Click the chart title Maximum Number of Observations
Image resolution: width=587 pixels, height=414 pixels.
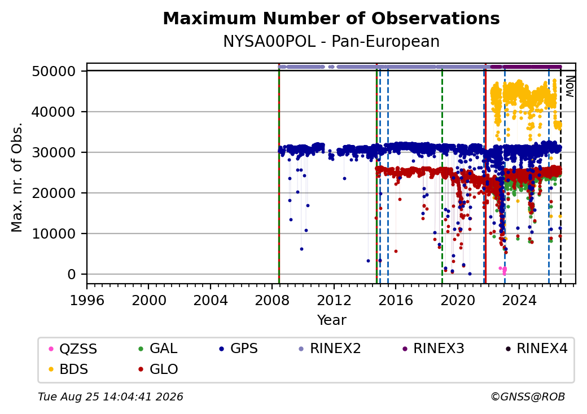[331, 18]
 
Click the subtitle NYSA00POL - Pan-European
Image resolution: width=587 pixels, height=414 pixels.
[331, 42]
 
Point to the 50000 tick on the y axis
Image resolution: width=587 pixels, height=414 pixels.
[54, 71]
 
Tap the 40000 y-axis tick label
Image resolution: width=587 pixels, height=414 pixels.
[54, 112]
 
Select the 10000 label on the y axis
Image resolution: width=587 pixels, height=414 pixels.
[54, 234]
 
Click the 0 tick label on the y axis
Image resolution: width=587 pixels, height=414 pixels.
[72, 275]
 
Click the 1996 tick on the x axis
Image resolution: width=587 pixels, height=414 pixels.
[87, 300]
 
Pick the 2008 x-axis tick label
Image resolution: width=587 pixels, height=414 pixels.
[272, 300]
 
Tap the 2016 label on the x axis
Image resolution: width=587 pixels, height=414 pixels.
[396, 300]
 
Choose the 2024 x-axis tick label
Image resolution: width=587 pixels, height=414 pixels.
[519, 300]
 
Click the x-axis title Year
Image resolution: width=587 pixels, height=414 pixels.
[332, 320]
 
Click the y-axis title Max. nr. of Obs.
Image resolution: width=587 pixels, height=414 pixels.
[17, 177]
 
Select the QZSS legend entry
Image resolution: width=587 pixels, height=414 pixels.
[73, 349]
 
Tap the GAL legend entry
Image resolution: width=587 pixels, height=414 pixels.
[158, 349]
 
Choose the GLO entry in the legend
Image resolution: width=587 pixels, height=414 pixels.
[159, 369]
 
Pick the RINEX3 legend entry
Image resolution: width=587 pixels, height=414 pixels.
[433, 349]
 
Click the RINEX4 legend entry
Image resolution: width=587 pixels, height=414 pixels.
[536, 349]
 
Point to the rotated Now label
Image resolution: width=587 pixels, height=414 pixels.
[570, 87]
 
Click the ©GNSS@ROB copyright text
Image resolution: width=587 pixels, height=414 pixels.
[528, 397]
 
